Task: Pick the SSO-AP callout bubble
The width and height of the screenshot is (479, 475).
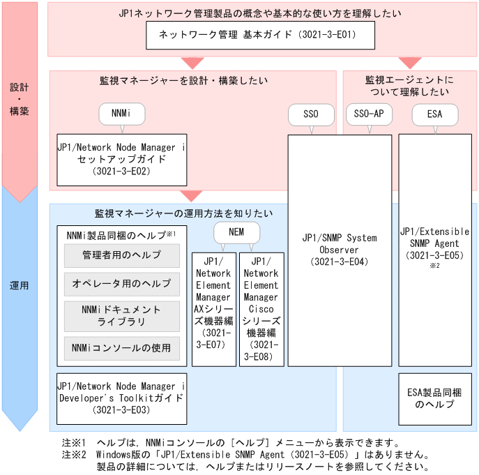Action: (369, 113)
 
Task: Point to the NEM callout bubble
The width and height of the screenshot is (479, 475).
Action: (238, 232)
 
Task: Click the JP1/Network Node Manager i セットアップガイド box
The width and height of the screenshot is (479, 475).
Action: (121, 159)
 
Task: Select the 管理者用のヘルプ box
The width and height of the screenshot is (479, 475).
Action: (121, 255)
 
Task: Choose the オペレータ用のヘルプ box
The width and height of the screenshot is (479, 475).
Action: (121, 284)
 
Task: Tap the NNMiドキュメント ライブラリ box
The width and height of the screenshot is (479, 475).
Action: (121, 315)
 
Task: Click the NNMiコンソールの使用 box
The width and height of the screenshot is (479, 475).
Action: (121, 347)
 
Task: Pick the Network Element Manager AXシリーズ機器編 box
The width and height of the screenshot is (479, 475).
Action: (214, 308)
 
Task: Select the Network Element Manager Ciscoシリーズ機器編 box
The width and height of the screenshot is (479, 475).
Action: (261, 308)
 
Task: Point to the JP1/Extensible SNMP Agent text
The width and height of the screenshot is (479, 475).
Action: (435, 243)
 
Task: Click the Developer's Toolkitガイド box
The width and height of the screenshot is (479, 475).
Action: (121, 398)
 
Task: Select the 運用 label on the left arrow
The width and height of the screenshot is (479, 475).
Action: (20, 286)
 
